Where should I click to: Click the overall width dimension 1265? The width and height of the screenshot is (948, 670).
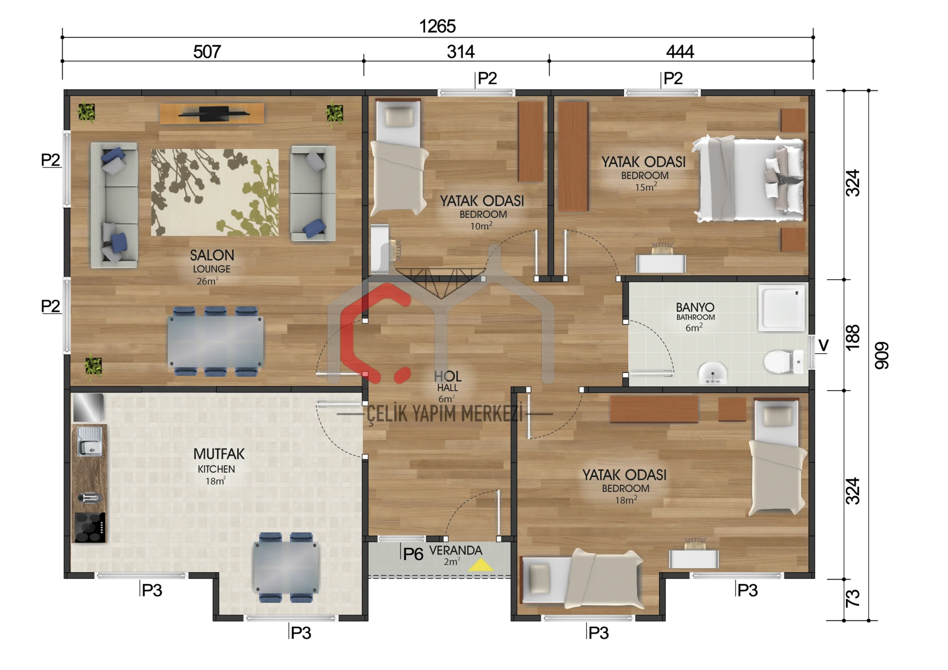(437, 26)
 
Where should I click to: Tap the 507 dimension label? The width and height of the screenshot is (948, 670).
(207, 52)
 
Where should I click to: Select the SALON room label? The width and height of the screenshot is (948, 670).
(212, 255)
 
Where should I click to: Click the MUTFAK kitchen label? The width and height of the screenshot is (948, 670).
(219, 454)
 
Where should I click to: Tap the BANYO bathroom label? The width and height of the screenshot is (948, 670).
(695, 307)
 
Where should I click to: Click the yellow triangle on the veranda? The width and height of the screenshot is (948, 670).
(481, 565)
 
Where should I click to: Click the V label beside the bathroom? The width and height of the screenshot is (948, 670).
(823, 345)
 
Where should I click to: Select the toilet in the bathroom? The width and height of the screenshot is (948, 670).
(783, 361)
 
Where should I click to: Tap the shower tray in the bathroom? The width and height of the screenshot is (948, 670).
(782, 308)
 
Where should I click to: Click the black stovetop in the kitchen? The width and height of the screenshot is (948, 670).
(90, 527)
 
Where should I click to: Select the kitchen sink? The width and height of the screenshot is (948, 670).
(90, 441)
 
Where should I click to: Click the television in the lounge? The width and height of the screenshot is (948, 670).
(213, 114)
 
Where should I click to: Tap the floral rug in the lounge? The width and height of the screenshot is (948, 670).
(215, 192)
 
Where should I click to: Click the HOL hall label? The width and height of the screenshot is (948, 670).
(448, 376)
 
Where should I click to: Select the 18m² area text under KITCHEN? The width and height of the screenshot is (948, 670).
(216, 481)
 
